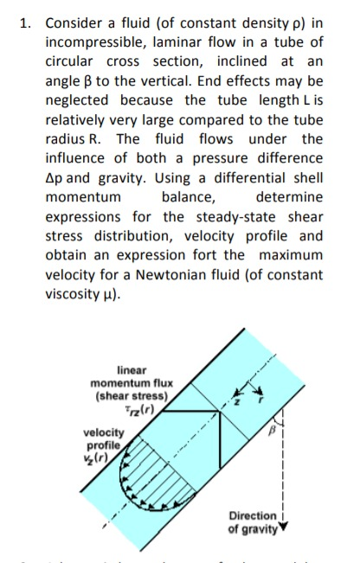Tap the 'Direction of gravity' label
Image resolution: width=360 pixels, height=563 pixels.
pos(254,521)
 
